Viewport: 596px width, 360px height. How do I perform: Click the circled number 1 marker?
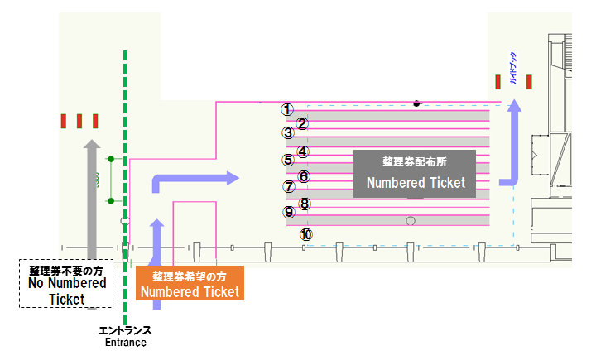(x=287, y=108)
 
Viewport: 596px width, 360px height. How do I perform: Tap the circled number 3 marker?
(x=288, y=132)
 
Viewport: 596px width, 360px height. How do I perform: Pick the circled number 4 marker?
(x=303, y=151)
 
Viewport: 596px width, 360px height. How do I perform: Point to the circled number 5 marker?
(x=288, y=161)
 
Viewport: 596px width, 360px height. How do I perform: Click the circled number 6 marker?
(x=304, y=176)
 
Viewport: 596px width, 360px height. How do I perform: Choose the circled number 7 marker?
(x=288, y=187)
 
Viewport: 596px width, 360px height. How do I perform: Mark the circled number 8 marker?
(x=305, y=204)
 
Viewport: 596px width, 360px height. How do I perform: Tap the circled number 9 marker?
(x=289, y=212)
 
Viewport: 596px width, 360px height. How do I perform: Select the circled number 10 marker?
(x=306, y=234)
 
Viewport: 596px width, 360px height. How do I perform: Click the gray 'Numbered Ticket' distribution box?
(x=415, y=173)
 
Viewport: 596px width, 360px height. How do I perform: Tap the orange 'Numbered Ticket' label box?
(x=190, y=283)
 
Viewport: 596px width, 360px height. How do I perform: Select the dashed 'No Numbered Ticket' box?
(x=66, y=284)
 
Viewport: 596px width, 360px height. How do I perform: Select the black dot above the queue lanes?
(x=416, y=103)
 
